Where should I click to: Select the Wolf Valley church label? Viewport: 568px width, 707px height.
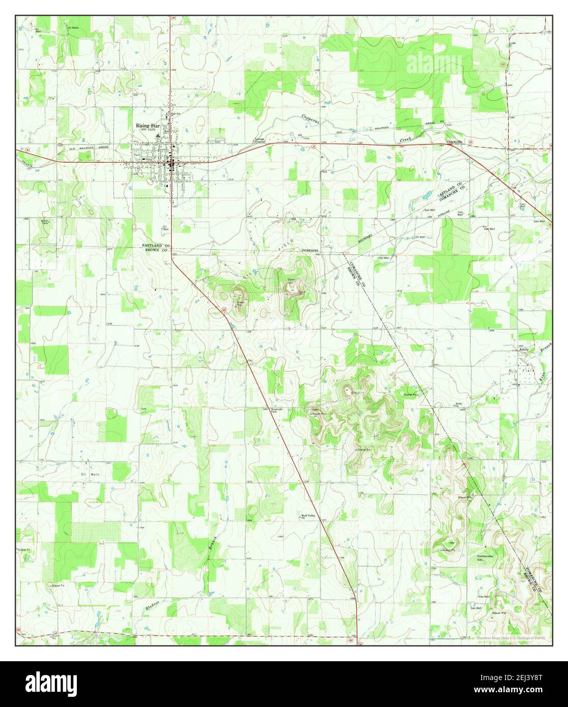coord(306,516)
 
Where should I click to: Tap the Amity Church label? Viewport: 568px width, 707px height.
coord(459,404)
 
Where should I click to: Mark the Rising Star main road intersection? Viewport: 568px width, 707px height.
coord(171,163)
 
